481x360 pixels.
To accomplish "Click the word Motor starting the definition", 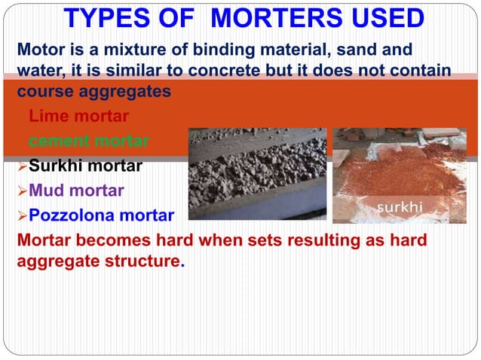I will [39, 50].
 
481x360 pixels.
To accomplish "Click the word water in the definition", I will [37, 71].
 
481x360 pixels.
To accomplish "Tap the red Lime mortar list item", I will [78, 117].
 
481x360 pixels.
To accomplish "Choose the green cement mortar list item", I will [88, 141].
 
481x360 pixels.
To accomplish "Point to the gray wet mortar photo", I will [256, 174].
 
